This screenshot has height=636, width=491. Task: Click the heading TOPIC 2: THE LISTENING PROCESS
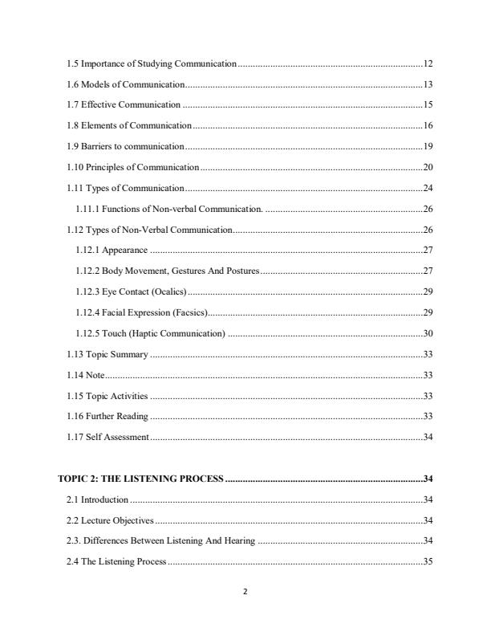(141, 479)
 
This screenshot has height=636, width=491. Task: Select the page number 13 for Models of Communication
(428, 84)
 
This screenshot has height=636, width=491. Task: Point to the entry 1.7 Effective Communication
(124, 105)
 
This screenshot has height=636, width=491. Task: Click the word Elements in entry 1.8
(101, 126)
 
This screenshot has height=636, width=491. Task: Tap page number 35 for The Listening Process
(428, 561)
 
